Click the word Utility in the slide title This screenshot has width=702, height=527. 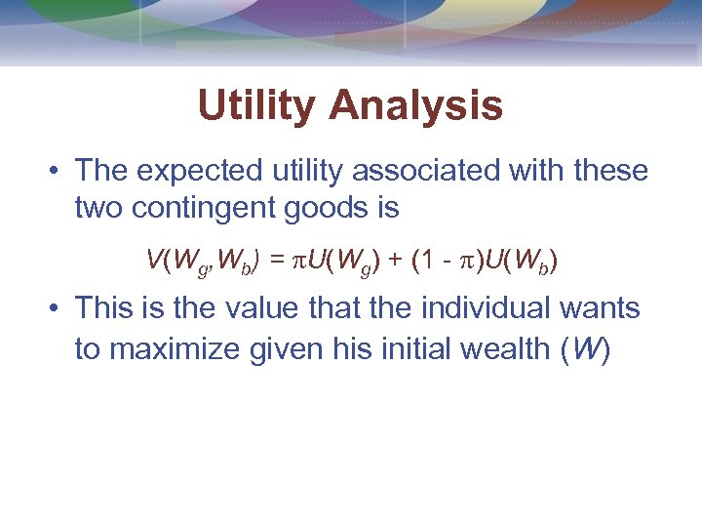click(x=256, y=106)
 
